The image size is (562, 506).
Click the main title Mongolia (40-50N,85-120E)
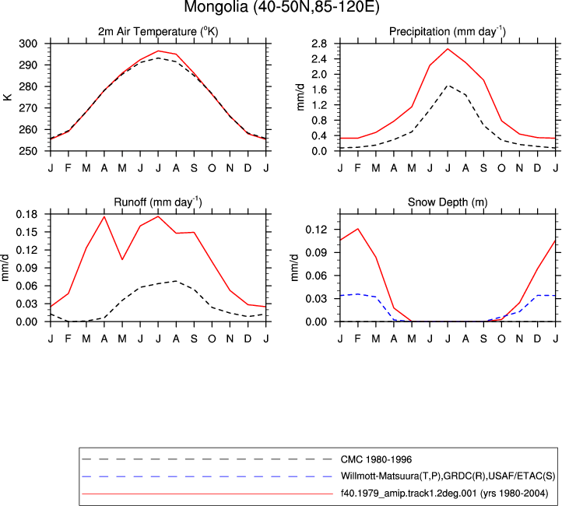pyautogui.click(x=281, y=6)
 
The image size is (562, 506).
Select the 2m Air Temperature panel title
pyautogui.click(x=158, y=32)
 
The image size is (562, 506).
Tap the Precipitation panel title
pyautogui.click(x=448, y=32)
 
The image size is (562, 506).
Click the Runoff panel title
pyautogui.click(x=158, y=202)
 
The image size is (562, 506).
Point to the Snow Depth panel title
pyautogui.click(x=448, y=202)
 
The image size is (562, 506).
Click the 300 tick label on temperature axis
pyautogui.click(x=28, y=44)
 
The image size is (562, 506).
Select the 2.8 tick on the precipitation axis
pyautogui.click(x=319, y=44)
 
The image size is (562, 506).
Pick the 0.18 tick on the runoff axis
pyautogui.click(x=26, y=214)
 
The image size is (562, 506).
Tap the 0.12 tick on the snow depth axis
pyautogui.click(x=316, y=230)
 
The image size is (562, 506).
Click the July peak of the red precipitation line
pyautogui.click(x=448, y=49)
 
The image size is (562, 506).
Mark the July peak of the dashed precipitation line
pyautogui.click(x=448, y=86)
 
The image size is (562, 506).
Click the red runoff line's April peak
pyautogui.click(x=104, y=216)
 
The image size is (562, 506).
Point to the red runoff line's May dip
pyautogui.click(x=122, y=259)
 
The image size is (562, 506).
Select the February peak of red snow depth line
pyautogui.click(x=358, y=229)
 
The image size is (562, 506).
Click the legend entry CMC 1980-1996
pyautogui.click(x=376, y=459)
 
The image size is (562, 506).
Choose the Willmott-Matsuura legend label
pyautogui.click(x=448, y=476)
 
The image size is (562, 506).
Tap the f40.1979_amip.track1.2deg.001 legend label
pyautogui.click(x=444, y=494)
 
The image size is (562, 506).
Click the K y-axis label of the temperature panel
pyautogui.click(x=7, y=97)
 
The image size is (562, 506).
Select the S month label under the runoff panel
pyautogui.click(x=194, y=339)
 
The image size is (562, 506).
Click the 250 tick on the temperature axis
pyautogui.click(x=28, y=151)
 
